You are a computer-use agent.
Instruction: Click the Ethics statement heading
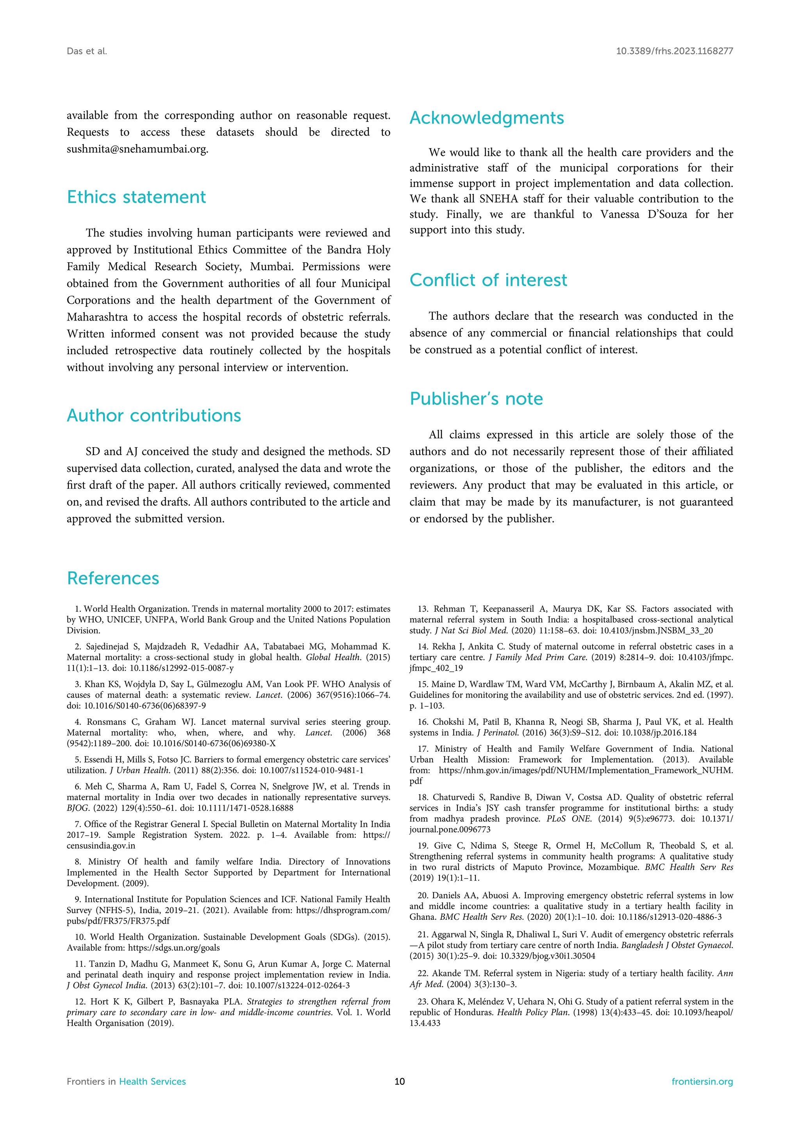tap(136, 197)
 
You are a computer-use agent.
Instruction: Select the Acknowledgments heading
tap(487, 118)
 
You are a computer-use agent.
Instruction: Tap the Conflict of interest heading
tap(488, 280)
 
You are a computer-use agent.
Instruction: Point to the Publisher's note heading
tap(476, 398)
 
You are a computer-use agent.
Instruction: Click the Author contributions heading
tap(154, 416)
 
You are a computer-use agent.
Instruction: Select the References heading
tap(113, 579)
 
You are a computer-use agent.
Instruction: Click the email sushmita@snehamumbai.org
tap(137, 149)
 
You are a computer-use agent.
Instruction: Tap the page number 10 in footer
tap(400, 1081)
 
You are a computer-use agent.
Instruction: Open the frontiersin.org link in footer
tap(702, 1081)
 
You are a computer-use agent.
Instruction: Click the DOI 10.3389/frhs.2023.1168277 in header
tap(674, 51)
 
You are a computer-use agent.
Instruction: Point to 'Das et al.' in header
tap(87, 51)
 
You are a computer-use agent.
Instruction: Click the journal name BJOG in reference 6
tap(76, 808)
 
